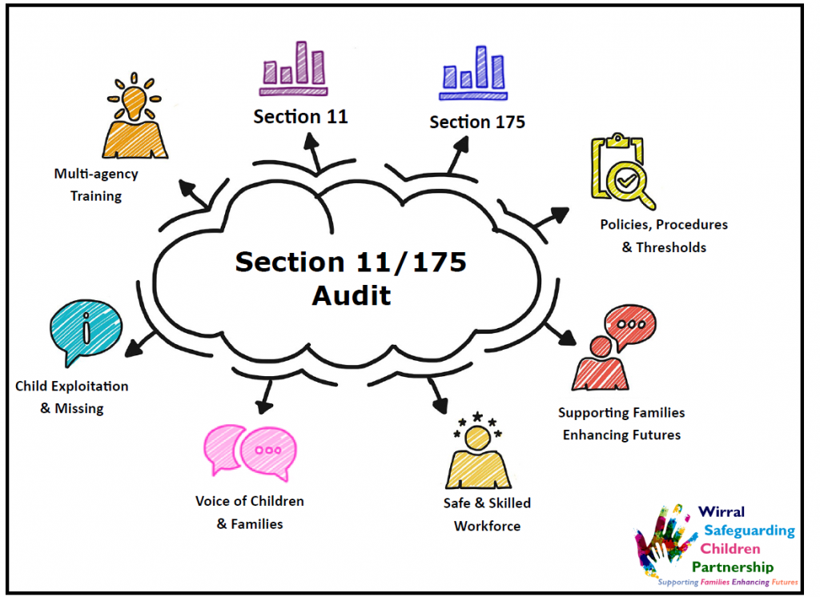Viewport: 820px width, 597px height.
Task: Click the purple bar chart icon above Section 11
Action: point(294,66)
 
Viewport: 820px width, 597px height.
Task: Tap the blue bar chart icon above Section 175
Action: point(472,70)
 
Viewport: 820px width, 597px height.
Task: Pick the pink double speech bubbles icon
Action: point(246,451)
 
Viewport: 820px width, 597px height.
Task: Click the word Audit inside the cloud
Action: point(352,295)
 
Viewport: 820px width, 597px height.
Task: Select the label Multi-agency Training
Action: point(96,185)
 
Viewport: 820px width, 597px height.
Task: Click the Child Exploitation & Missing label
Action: point(72,397)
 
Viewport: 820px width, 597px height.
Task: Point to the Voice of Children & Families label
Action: point(250,513)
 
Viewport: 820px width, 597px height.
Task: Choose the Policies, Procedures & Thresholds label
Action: point(664,236)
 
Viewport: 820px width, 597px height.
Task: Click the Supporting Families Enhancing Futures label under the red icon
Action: point(621,424)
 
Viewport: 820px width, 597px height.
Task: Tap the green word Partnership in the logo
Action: point(738,567)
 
